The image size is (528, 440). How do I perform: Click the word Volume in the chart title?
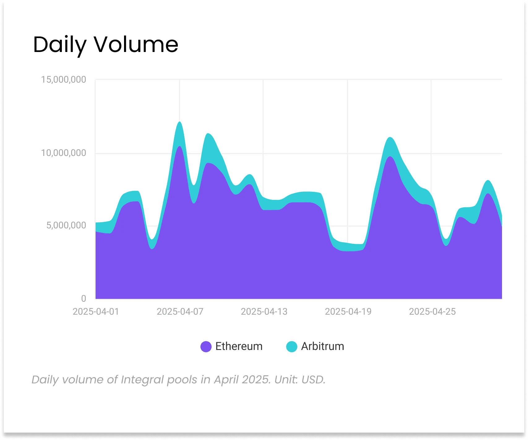pyautogui.click(x=136, y=44)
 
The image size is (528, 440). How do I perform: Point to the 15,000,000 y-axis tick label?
pyautogui.click(x=64, y=80)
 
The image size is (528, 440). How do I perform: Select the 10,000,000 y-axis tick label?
pyautogui.click(x=64, y=153)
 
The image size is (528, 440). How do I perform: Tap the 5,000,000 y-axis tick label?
pyautogui.click(x=66, y=226)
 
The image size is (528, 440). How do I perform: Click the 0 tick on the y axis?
pyautogui.click(x=84, y=299)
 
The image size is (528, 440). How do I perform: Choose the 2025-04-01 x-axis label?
pyautogui.click(x=96, y=312)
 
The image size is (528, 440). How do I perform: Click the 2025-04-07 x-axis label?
pyautogui.click(x=180, y=312)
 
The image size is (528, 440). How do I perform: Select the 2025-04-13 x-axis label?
pyautogui.click(x=264, y=312)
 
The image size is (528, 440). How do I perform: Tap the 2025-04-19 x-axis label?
pyautogui.click(x=348, y=312)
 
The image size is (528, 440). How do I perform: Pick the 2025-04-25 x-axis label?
pyautogui.click(x=432, y=312)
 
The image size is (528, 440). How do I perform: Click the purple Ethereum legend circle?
pyautogui.click(x=206, y=347)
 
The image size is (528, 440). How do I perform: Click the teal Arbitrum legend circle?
pyautogui.click(x=292, y=347)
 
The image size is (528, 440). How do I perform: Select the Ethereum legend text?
pyautogui.click(x=239, y=346)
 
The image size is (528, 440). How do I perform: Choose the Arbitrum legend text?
pyautogui.click(x=323, y=346)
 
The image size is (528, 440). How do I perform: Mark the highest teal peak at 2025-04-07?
pyautogui.click(x=180, y=122)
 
